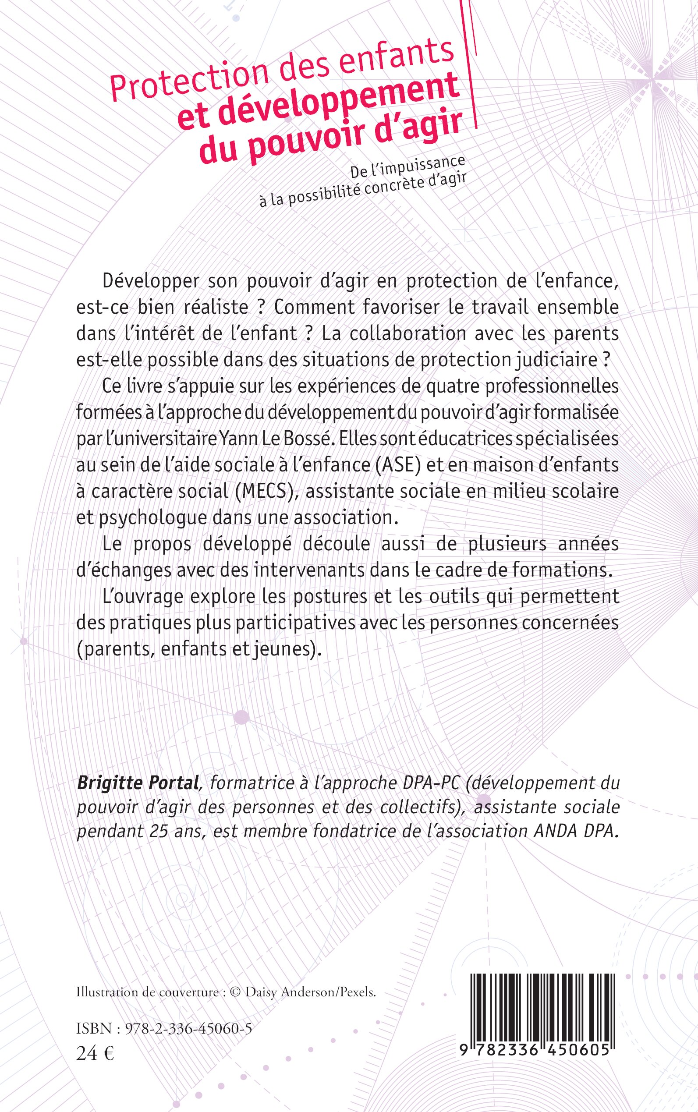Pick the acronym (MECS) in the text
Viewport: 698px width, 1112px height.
[x=265, y=491]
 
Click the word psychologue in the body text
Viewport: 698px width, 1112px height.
[x=153, y=518]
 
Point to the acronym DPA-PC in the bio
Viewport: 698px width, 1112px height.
[x=430, y=783]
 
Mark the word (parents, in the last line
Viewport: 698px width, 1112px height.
[x=115, y=649]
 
